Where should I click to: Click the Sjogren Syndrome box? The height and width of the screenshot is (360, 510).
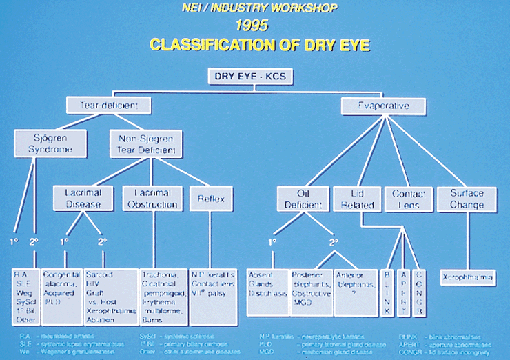pyautogui.click(x=41, y=143)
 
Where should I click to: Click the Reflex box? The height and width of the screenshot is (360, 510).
pyautogui.click(x=206, y=199)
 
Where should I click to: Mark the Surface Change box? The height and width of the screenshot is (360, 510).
pyautogui.click(x=467, y=199)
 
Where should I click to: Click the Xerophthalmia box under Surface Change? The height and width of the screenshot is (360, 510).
pyautogui.click(x=467, y=277)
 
